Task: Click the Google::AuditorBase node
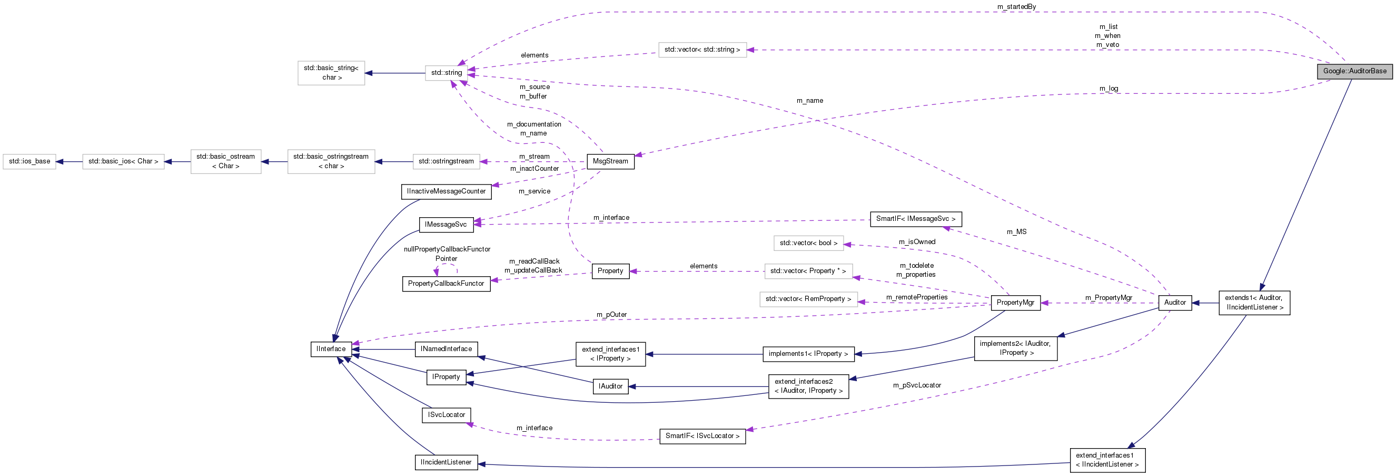click(x=1354, y=71)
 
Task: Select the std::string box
click(x=447, y=73)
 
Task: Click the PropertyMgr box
click(x=1015, y=303)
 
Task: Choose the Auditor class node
click(x=1175, y=303)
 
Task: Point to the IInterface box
click(x=331, y=348)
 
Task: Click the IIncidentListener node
click(x=446, y=462)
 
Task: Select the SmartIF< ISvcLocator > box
click(x=702, y=436)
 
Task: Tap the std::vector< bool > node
click(x=808, y=243)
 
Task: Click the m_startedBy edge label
click(x=1016, y=6)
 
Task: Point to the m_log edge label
click(x=1108, y=89)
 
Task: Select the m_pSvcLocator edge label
click(x=917, y=385)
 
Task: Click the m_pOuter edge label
click(x=611, y=315)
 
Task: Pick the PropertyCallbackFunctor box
click(x=446, y=284)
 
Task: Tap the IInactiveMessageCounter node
click(x=446, y=191)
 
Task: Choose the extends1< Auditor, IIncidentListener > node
click(x=1254, y=303)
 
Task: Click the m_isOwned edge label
click(x=917, y=242)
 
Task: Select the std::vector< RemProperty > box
click(x=808, y=299)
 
